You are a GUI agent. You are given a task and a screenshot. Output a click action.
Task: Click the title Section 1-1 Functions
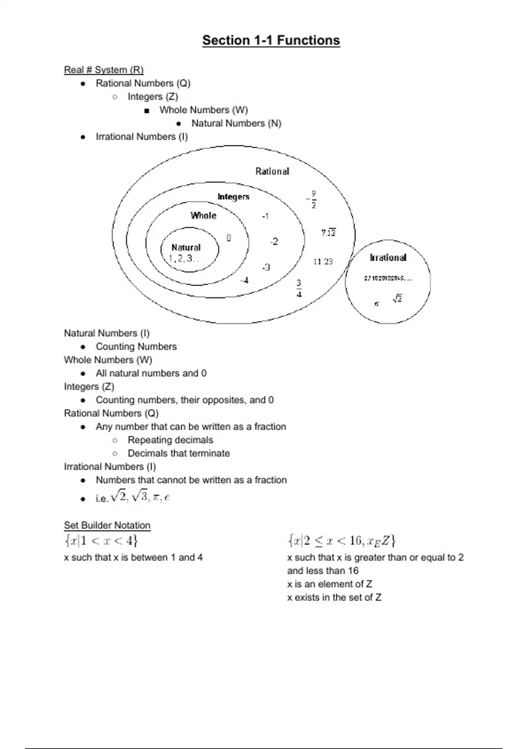[x=271, y=41]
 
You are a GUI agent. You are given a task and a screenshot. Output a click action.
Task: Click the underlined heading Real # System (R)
[x=104, y=70]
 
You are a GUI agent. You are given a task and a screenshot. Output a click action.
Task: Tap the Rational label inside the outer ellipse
[x=272, y=171]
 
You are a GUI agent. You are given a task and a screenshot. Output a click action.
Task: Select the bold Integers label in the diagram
[x=233, y=197]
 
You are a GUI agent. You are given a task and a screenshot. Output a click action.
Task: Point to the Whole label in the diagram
[x=203, y=215]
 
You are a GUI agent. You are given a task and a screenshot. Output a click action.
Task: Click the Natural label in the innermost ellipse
[x=186, y=247]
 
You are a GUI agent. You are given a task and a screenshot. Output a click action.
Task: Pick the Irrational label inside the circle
[x=388, y=258]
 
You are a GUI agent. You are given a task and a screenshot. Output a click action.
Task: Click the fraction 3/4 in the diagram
[x=299, y=288]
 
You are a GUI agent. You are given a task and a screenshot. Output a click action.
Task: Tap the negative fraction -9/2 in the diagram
[x=312, y=200]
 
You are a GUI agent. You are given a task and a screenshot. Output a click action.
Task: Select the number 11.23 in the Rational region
[x=323, y=262]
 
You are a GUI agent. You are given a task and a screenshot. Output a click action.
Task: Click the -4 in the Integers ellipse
[x=244, y=280]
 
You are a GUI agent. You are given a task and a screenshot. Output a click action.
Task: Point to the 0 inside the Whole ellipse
[x=229, y=238]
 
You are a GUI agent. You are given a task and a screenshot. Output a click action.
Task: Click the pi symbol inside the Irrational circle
[x=376, y=304]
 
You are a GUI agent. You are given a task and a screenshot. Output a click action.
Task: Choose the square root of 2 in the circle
[x=397, y=299]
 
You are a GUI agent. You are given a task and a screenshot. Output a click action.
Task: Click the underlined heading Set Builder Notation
[x=107, y=525]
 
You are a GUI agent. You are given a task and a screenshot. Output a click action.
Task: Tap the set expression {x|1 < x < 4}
[x=101, y=540]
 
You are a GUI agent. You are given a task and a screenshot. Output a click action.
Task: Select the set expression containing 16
[x=341, y=540]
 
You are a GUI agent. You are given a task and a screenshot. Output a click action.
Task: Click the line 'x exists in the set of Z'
[x=334, y=597]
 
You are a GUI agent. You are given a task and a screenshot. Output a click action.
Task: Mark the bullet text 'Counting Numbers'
[x=136, y=347]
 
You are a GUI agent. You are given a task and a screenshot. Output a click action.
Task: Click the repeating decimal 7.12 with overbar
[x=328, y=233]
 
